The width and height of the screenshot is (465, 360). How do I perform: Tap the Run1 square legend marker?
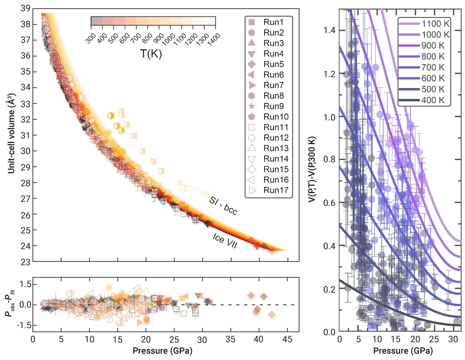[252, 22]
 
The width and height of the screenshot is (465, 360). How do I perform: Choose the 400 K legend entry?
[424, 100]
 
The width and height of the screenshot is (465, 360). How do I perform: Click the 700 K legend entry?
[424, 67]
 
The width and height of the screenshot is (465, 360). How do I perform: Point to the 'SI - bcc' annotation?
[223, 206]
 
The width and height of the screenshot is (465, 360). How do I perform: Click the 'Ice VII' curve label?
[225, 241]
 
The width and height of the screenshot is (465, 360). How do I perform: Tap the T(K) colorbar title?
[151, 54]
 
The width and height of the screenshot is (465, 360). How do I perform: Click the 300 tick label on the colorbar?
[91, 39]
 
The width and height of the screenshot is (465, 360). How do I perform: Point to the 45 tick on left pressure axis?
[287, 339]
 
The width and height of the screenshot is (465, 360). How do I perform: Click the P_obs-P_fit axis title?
[10, 304]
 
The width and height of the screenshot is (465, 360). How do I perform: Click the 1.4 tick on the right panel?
[329, 30]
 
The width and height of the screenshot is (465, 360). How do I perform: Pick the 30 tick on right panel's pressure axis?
[453, 339]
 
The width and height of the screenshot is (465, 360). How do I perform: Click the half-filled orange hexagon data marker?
[111, 116]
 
